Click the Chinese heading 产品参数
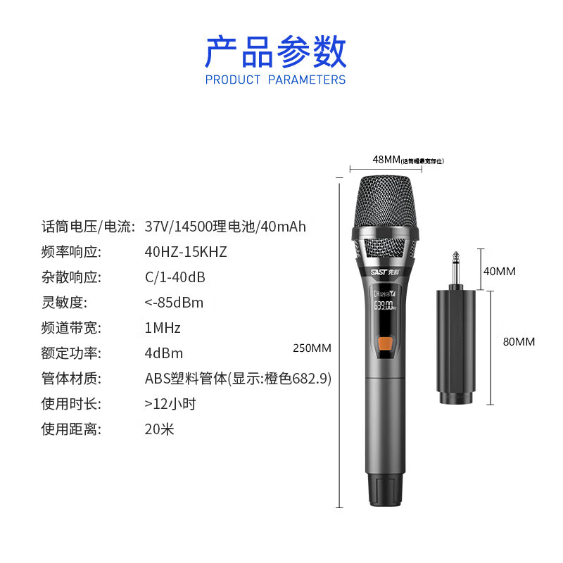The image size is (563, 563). click(276, 52)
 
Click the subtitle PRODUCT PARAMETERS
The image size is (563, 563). click(276, 80)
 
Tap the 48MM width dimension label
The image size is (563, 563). click(386, 160)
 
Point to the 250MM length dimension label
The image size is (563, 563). click(312, 348)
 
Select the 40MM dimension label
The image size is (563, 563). click(500, 271)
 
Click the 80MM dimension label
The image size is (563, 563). click(519, 342)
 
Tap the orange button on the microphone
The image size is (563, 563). click(385, 345)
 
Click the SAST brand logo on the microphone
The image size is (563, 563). click(384, 268)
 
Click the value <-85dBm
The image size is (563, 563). click(174, 303)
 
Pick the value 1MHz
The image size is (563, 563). click(163, 328)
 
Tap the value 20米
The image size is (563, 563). click(160, 429)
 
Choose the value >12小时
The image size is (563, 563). click(170, 404)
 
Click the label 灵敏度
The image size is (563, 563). click(63, 303)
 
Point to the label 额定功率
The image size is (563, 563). click(71, 353)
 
